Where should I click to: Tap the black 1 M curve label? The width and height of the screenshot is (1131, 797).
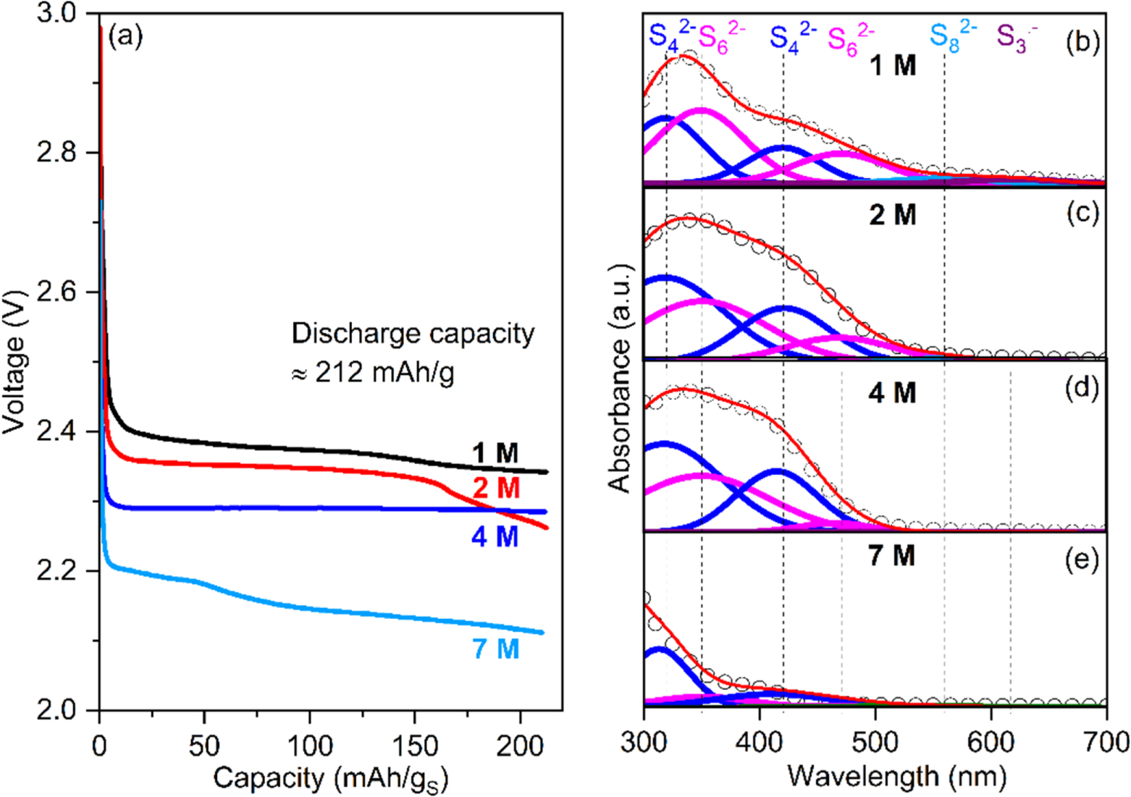pyautogui.click(x=496, y=454)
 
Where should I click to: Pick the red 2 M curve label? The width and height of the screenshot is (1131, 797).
pyautogui.click(x=496, y=489)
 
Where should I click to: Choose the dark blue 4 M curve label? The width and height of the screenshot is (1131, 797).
pyautogui.click(x=495, y=538)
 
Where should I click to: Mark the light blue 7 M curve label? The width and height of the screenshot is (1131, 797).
pyautogui.click(x=496, y=649)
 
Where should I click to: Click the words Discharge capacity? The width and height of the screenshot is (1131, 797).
pyautogui.click(x=413, y=334)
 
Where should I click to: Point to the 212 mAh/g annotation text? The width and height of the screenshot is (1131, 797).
pyautogui.click(x=373, y=374)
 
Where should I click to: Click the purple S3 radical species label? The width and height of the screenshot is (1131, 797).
pyautogui.click(x=1015, y=36)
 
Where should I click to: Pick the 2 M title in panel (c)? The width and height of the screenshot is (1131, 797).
pyautogui.click(x=892, y=215)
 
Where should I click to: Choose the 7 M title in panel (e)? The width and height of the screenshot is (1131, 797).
pyautogui.click(x=892, y=555)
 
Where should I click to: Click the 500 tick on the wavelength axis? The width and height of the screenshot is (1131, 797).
pyautogui.click(x=875, y=743)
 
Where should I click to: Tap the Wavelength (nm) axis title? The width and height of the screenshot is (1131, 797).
pyautogui.click(x=896, y=777)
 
